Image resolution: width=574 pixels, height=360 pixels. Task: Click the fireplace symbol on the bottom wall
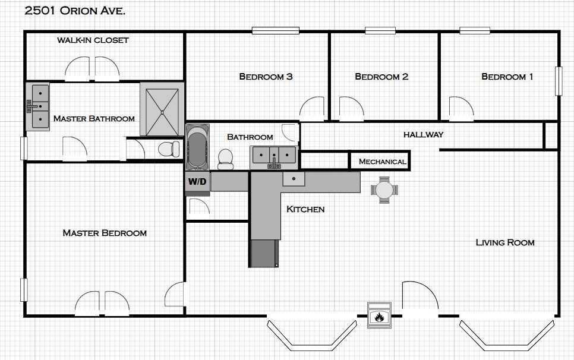point(380,315)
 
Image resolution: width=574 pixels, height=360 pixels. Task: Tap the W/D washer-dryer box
point(198,182)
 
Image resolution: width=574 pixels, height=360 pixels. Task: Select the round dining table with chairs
point(384,190)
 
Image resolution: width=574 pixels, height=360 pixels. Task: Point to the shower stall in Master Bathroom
point(162,109)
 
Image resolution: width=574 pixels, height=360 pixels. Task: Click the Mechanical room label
point(382,162)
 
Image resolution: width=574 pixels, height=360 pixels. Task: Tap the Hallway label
point(423,135)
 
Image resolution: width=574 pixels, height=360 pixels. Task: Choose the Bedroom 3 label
point(266,77)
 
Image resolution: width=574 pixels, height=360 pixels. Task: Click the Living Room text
point(505,242)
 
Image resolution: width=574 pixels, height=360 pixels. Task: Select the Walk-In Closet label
point(93,40)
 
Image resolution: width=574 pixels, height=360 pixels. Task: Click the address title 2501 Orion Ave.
point(75,11)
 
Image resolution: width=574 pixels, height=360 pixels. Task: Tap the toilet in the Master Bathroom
point(169,149)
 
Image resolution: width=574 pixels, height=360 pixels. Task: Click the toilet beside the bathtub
point(226,159)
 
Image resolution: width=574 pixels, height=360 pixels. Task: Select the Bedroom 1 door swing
point(461,109)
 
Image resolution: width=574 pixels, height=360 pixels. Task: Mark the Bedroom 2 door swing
point(351,109)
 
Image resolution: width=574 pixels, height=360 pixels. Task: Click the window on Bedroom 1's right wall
point(559,81)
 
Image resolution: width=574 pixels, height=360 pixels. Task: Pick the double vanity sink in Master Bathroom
point(37,106)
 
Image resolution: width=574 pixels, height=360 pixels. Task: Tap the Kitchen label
point(305,209)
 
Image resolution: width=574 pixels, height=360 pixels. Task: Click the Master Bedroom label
point(105,233)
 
